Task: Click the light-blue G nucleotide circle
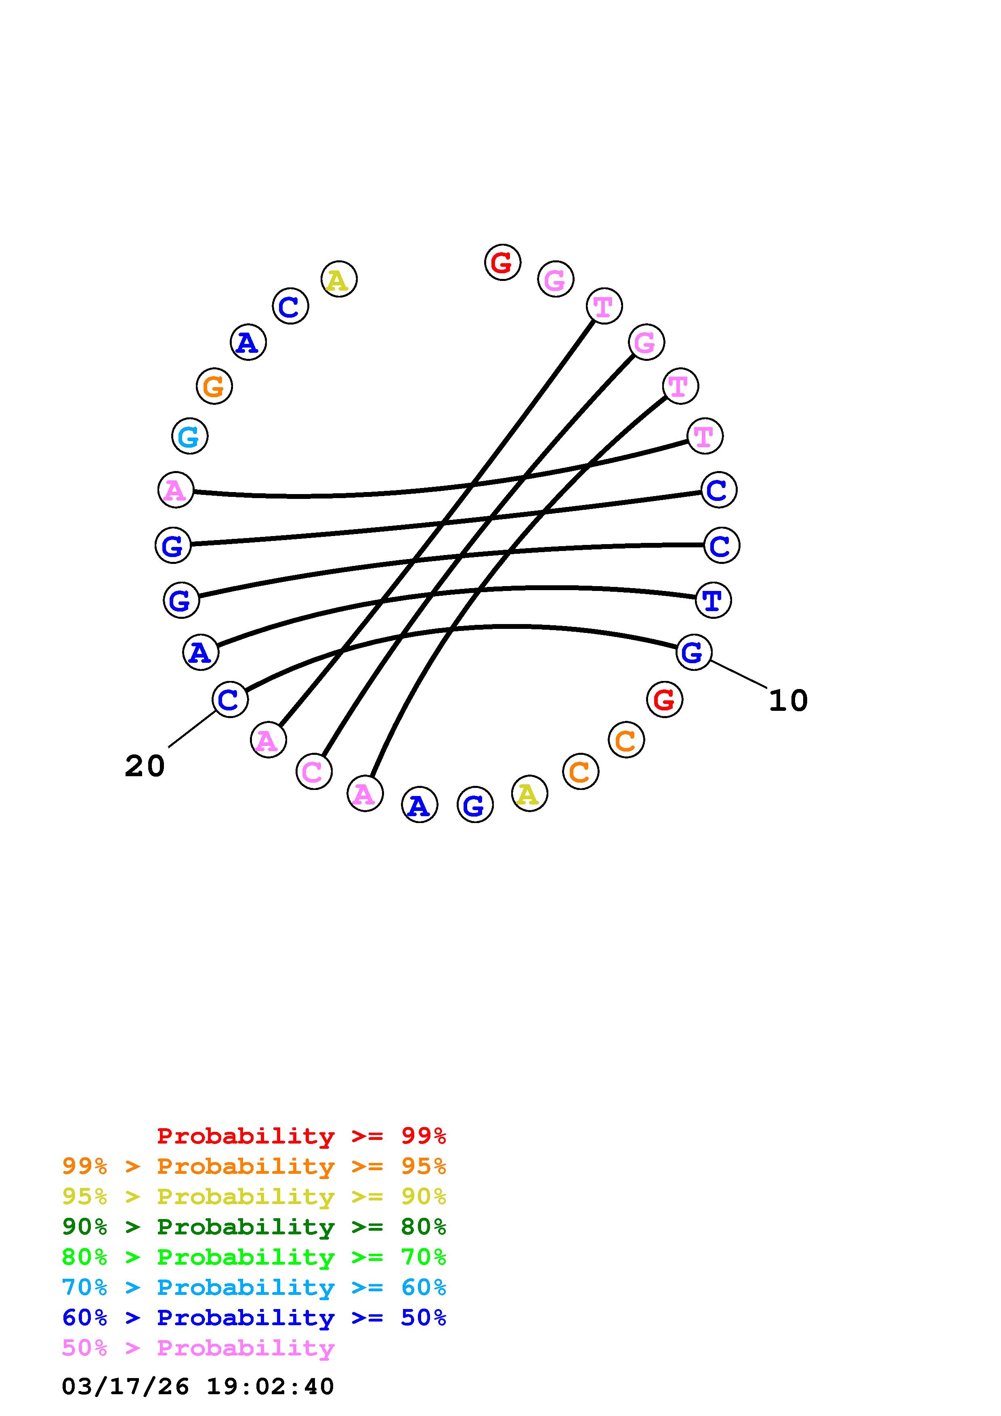[x=189, y=436]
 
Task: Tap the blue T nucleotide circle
[x=713, y=599]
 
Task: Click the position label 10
[x=788, y=701]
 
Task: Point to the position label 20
[x=145, y=767]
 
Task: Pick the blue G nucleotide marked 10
[x=693, y=652]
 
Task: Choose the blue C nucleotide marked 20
[x=229, y=700]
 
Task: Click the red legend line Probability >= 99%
[x=301, y=1136]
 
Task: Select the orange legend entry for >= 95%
[x=254, y=1166]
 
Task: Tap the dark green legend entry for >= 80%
[x=254, y=1227]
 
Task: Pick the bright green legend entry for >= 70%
[x=254, y=1257]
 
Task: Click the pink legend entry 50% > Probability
[x=198, y=1347]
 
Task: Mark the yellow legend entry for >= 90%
[x=254, y=1196]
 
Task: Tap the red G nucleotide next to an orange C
[x=664, y=700]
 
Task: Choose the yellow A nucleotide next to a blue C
[x=339, y=279]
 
